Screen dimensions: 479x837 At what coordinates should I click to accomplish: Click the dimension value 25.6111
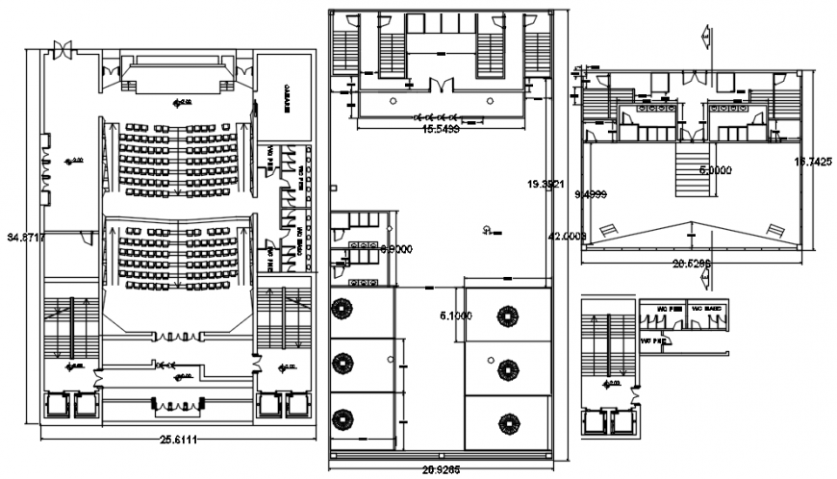tap(179, 440)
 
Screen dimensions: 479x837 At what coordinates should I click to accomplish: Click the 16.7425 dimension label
tap(809, 163)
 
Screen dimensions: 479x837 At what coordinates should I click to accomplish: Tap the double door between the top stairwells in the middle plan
tap(439, 87)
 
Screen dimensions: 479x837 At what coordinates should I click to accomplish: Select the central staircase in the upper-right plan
tap(689, 172)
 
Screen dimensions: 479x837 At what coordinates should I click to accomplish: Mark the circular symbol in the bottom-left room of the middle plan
tap(342, 419)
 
